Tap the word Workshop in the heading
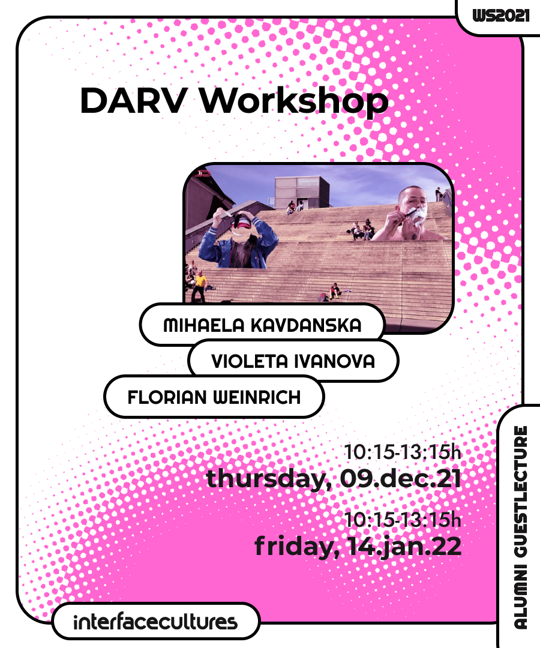294,101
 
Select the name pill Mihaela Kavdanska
262,325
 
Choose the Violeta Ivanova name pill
293,361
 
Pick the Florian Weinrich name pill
214,397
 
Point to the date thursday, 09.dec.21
334,479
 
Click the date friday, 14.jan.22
358,547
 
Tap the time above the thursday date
402,452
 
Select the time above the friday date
402,520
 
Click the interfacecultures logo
155,622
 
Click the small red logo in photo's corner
203,174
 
